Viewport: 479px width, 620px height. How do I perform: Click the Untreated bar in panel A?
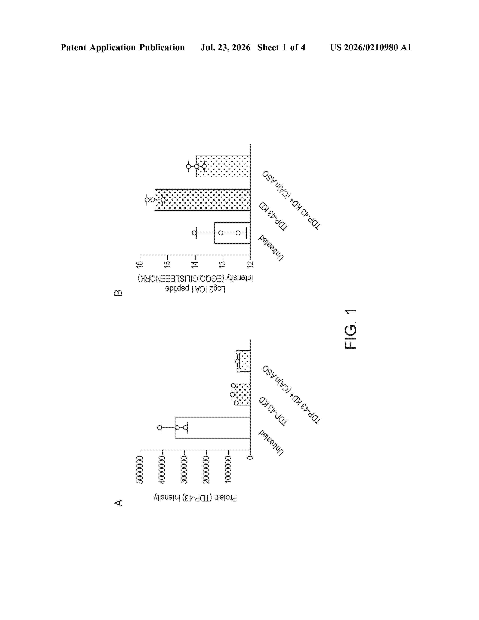(x=212, y=428)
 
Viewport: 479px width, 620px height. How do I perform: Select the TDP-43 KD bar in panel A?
(x=242, y=394)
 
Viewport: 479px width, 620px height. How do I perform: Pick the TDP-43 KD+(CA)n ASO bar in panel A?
(x=244, y=361)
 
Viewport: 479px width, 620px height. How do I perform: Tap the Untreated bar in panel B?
(x=232, y=233)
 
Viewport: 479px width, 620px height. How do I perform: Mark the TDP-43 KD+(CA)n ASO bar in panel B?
(x=223, y=166)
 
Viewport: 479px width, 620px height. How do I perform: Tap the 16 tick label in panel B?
(x=139, y=264)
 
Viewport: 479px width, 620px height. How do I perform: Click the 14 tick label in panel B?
(x=195, y=264)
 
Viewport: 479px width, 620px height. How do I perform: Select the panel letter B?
(x=118, y=293)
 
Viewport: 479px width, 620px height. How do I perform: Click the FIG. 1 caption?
(x=351, y=329)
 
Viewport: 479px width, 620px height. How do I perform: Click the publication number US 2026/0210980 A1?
(x=371, y=47)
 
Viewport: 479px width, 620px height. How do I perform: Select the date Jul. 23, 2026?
(x=226, y=47)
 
